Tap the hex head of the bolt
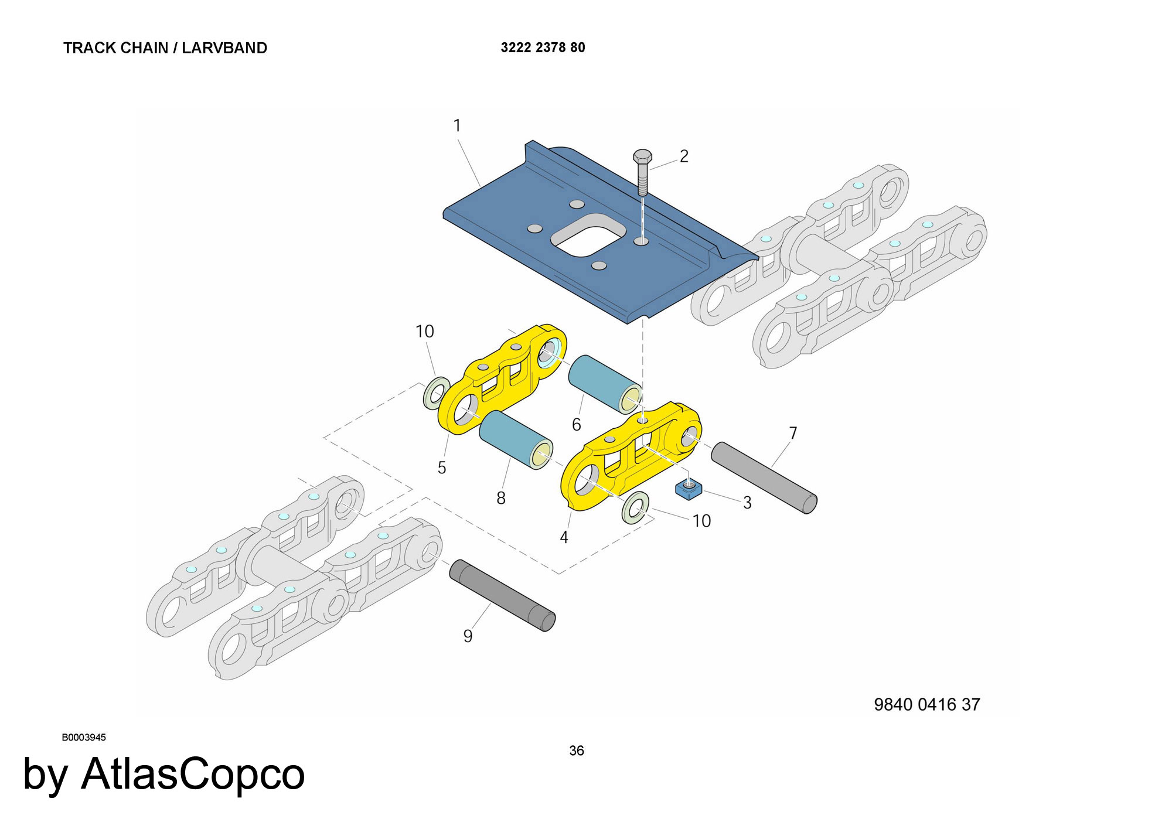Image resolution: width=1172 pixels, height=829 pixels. click(x=642, y=157)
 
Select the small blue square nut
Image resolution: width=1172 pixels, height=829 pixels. click(x=689, y=488)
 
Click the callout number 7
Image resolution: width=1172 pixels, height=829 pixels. click(x=793, y=433)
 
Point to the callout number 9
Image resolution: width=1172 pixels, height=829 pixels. click(x=468, y=636)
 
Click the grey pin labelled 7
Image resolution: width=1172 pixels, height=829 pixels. click(x=764, y=477)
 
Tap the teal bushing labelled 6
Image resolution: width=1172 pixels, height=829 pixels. click(x=605, y=384)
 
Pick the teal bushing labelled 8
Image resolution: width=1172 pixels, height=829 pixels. click(x=516, y=439)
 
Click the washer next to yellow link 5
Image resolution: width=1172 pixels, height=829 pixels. click(x=436, y=393)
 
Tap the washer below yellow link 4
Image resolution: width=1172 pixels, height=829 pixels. click(x=635, y=508)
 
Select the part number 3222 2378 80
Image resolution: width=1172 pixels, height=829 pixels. click(x=543, y=47)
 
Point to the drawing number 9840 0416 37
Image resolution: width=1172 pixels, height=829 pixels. click(x=927, y=704)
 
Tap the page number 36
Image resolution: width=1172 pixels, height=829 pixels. click(x=577, y=750)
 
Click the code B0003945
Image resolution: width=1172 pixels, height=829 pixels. click(x=84, y=738)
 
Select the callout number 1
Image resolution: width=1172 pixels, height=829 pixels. click(x=457, y=125)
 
